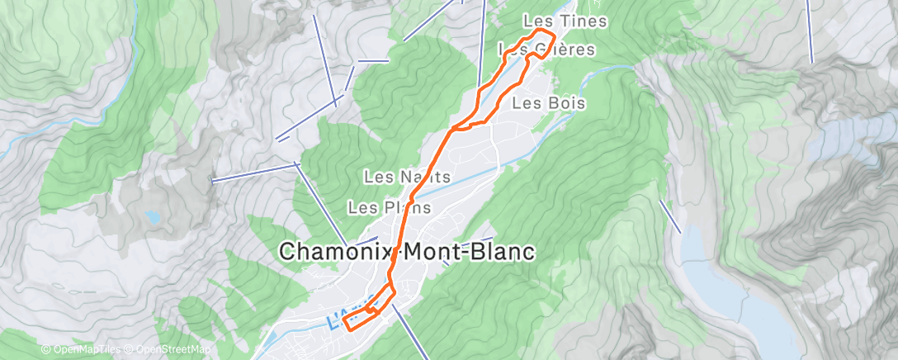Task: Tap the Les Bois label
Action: click(549, 103)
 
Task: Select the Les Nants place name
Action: click(407, 177)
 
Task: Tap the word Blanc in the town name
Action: click(499, 252)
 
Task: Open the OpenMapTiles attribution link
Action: click(78, 350)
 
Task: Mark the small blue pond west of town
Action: click(153, 217)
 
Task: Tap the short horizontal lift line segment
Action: click(373, 60)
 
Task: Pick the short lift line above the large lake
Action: click(670, 216)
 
